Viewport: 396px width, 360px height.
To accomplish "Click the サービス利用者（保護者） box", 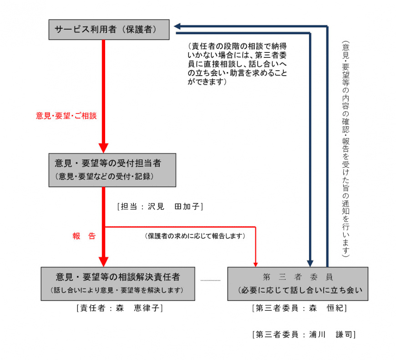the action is tap(109, 30).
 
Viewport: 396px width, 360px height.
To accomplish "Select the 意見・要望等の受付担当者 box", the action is tap(112, 170).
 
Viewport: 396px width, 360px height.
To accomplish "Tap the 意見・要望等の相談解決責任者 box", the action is tap(118, 283).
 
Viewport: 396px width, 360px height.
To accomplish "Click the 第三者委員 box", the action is tap(298, 283).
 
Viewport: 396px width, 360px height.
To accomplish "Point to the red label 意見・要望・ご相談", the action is tap(66, 116).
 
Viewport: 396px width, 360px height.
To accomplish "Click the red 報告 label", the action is tap(84, 236).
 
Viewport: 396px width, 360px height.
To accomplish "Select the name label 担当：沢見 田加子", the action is tap(160, 206).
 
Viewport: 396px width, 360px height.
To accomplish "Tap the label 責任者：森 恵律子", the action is tap(120, 308).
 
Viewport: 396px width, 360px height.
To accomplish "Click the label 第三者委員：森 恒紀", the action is tap(299, 308).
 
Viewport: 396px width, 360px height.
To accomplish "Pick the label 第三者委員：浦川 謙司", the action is tap(304, 334).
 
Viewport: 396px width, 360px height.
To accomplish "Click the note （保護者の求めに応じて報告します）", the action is tap(195, 236).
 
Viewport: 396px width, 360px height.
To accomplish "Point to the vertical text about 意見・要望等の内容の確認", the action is tap(345, 149).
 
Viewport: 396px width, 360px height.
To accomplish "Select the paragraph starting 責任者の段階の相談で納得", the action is tap(237, 64).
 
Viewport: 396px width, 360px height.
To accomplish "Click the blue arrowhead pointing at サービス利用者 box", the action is tap(178, 26).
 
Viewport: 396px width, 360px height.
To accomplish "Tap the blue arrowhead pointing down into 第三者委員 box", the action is tap(310, 263).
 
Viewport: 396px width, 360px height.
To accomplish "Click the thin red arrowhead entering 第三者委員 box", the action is tap(256, 264).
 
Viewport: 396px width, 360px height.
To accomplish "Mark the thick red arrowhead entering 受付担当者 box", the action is tap(103, 148).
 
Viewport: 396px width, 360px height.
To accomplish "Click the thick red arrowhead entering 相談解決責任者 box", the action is tap(103, 262).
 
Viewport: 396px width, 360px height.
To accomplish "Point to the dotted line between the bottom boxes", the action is tap(210, 280).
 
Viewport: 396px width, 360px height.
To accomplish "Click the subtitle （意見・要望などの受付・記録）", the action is tap(104, 176).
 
